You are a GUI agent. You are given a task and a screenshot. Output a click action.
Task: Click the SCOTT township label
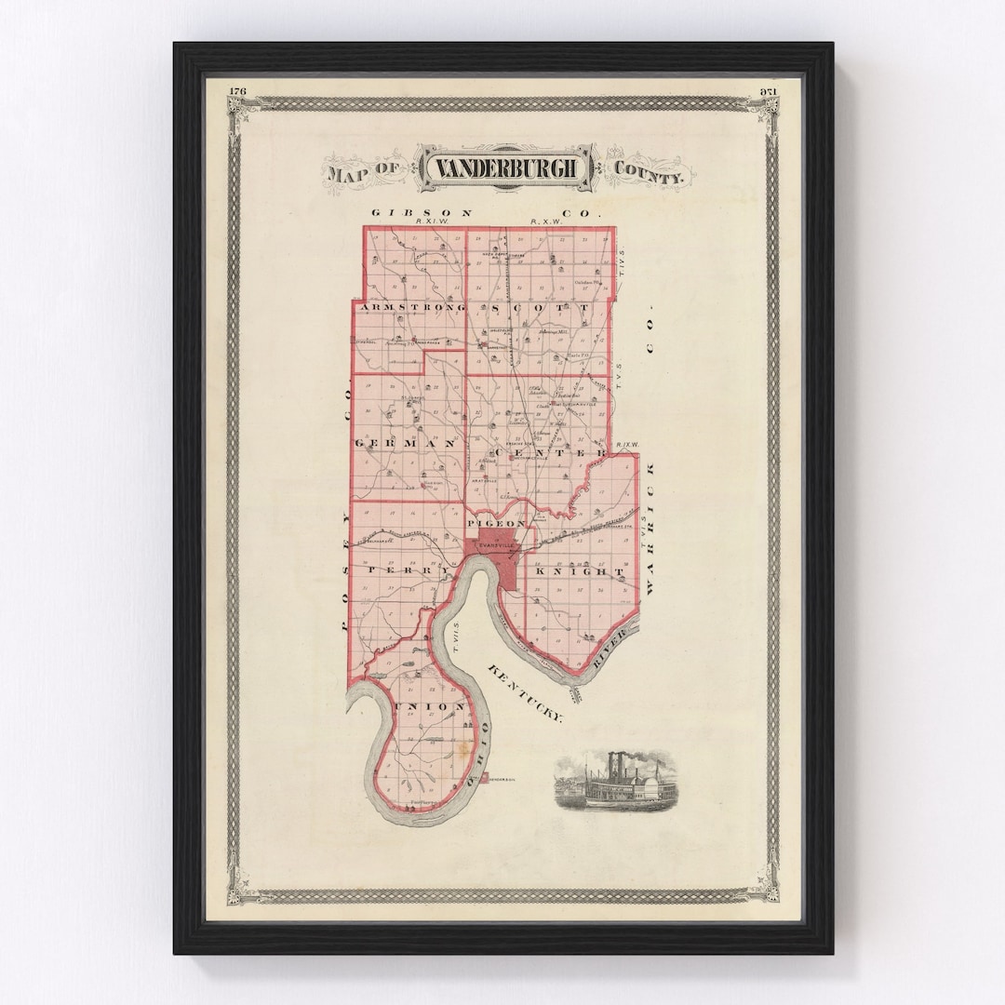pyautogui.click(x=540, y=307)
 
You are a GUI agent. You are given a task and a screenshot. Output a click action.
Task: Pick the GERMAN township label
pyautogui.click(x=406, y=444)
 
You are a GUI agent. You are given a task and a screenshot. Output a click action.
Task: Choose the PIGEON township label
pyautogui.click(x=502, y=524)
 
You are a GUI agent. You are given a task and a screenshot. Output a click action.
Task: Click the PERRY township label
pyautogui.click(x=401, y=569)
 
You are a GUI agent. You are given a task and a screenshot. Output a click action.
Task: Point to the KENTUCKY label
pyautogui.click(x=527, y=691)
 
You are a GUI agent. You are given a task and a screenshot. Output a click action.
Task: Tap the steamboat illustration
pyautogui.click(x=614, y=782)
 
